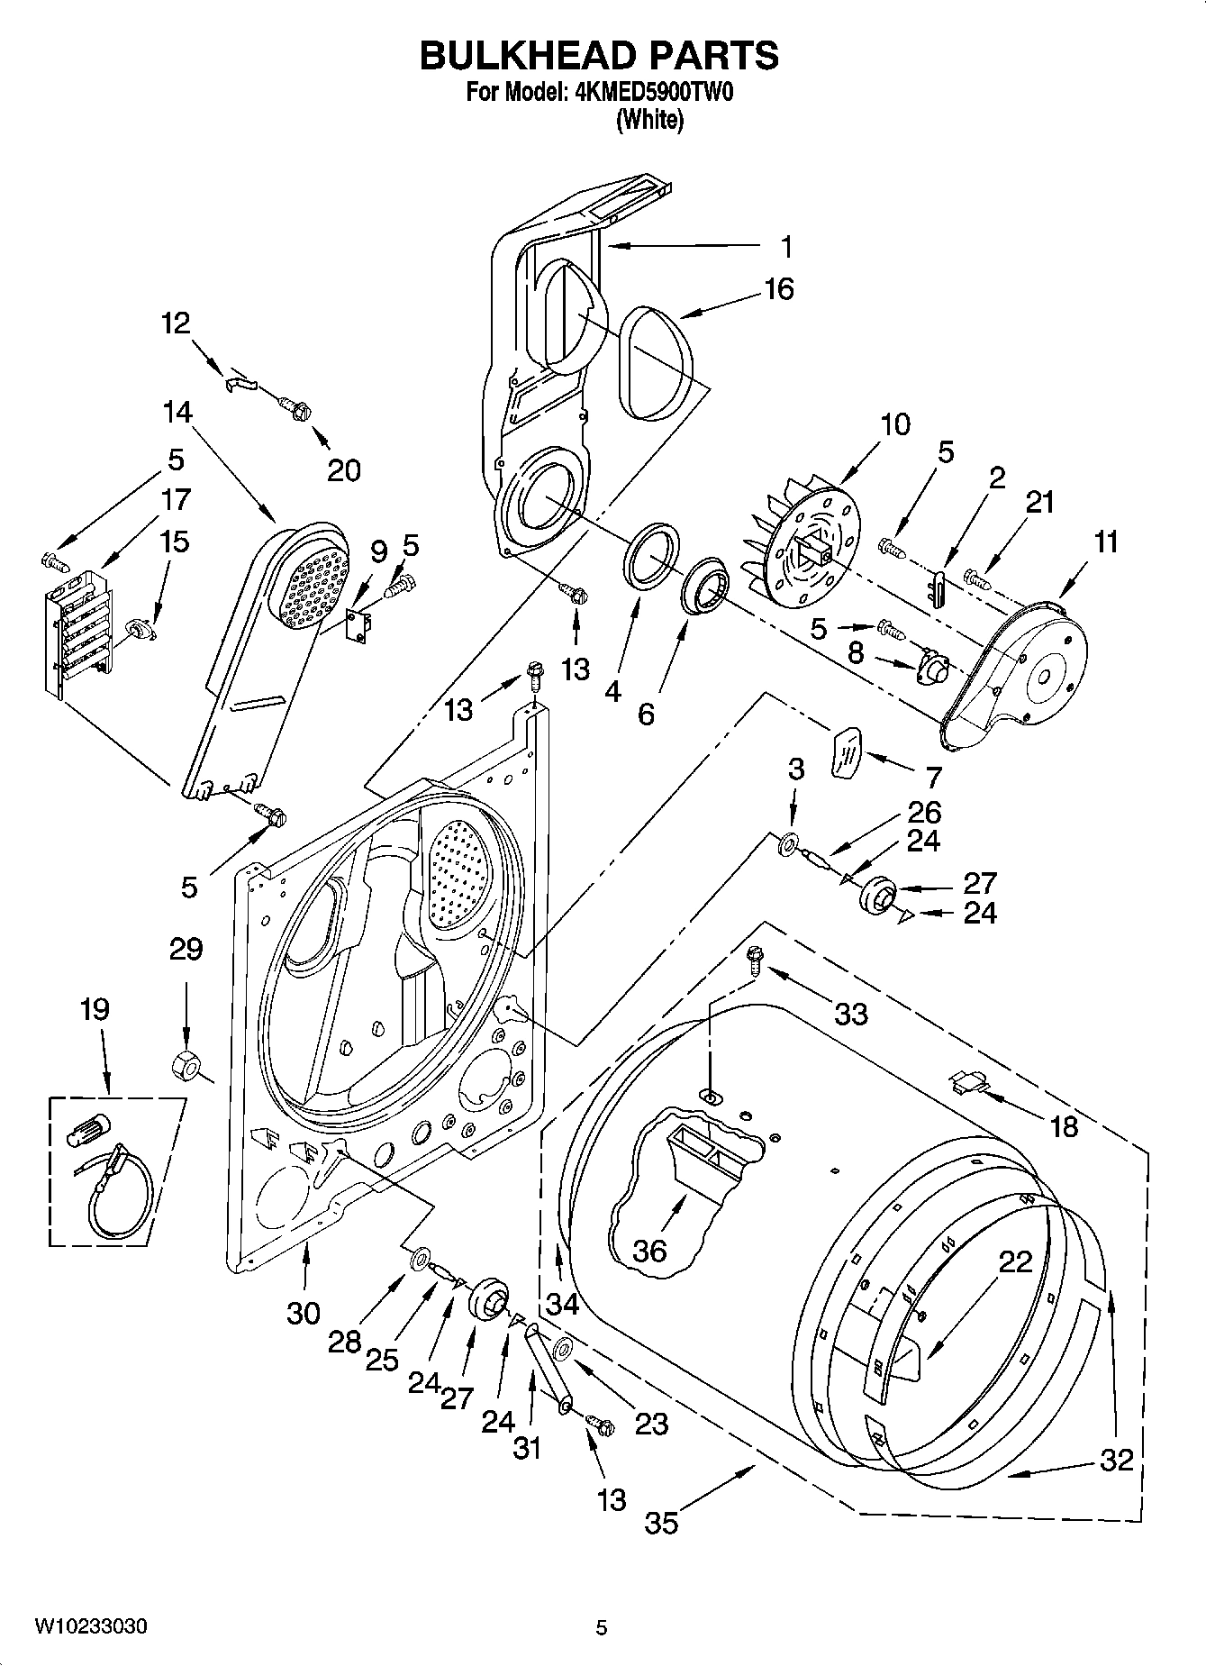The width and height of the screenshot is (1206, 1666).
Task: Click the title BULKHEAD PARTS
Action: click(600, 56)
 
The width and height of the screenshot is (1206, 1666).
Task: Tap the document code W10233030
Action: click(91, 1626)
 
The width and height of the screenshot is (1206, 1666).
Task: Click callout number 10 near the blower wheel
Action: click(894, 424)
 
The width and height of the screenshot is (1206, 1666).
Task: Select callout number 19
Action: click(95, 1009)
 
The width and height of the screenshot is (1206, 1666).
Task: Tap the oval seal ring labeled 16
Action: click(659, 364)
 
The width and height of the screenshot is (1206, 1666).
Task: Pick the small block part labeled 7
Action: click(847, 751)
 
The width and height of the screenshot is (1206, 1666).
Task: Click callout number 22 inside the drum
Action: click(1015, 1262)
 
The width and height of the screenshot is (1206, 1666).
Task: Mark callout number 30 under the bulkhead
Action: click(304, 1313)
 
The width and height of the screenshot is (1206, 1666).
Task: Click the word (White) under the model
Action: click(648, 120)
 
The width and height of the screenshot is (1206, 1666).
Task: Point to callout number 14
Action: click(177, 412)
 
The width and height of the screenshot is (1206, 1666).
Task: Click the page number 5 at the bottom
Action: click(602, 1627)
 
